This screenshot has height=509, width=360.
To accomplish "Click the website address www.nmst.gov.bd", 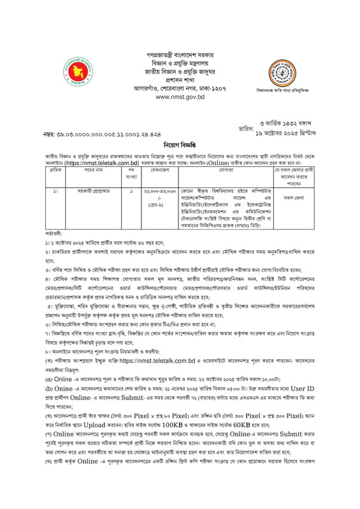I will [180, 97].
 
